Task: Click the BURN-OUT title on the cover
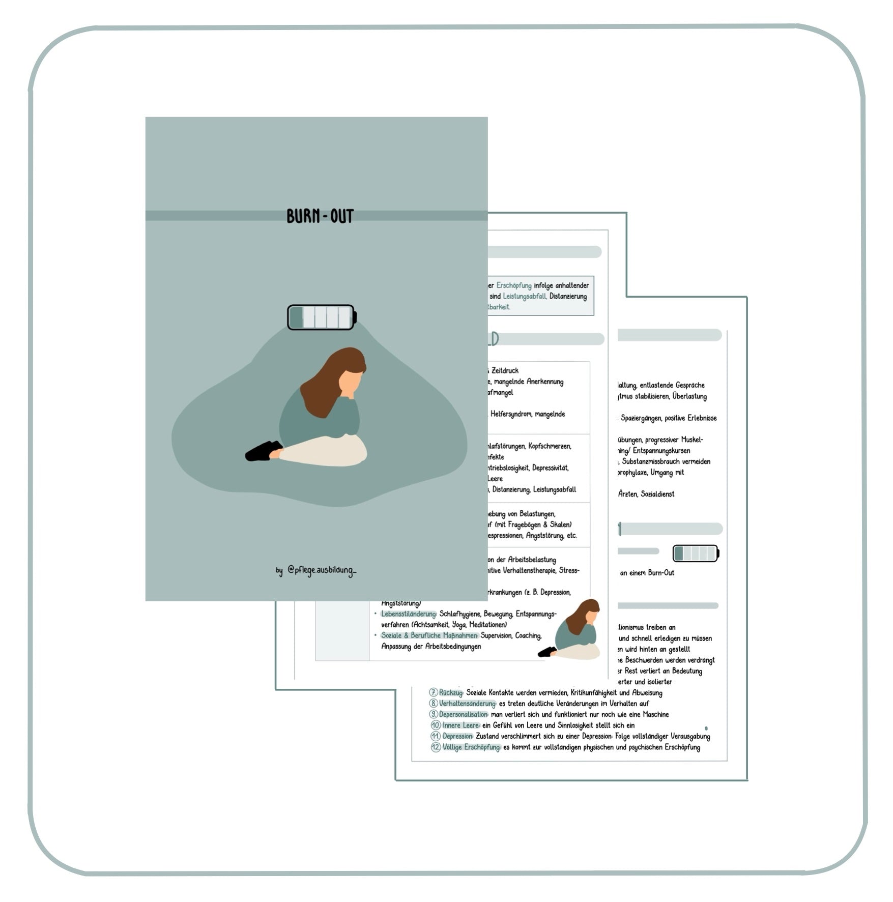click(x=320, y=216)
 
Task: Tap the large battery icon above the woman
click(x=322, y=317)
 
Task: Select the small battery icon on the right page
click(x=696, y=553)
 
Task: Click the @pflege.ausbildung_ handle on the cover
click(x=322, y=570)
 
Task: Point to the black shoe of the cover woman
click(x=263, y=451)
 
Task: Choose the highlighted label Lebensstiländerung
click(x=409, y=614)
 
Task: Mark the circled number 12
click(x=436, y=747)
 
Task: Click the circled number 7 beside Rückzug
click(x=434, y=692)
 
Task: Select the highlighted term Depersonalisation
click(x=464, y=714)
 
